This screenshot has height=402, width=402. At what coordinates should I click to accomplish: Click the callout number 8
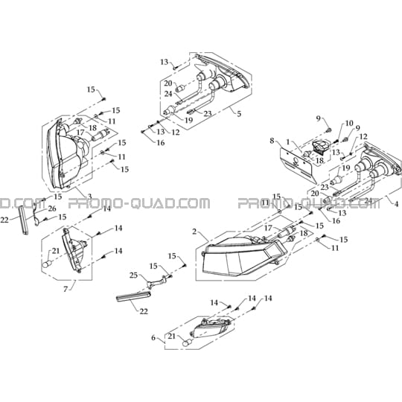tap(272, 141)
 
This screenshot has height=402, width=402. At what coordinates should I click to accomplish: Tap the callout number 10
tap(349, 124)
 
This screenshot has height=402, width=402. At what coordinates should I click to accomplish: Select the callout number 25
tap(133, 275)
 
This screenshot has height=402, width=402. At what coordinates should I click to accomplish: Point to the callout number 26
tap(52, 208)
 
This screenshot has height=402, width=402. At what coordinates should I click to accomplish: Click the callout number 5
tap(239, 114)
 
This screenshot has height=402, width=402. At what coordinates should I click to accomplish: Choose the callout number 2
tap(194, 232)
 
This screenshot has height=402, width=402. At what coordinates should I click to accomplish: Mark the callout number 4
tap(396, 204)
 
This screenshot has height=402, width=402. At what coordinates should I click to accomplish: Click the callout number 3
tap(89, 197)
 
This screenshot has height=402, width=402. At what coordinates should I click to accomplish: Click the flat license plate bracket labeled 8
tap(297, 165)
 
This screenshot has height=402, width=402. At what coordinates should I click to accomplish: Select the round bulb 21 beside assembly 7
tap(47, 264)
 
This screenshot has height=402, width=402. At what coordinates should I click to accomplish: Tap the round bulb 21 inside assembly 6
tap(188, 342)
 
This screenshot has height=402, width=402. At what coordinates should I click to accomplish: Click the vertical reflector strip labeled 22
tap(24, 220)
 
